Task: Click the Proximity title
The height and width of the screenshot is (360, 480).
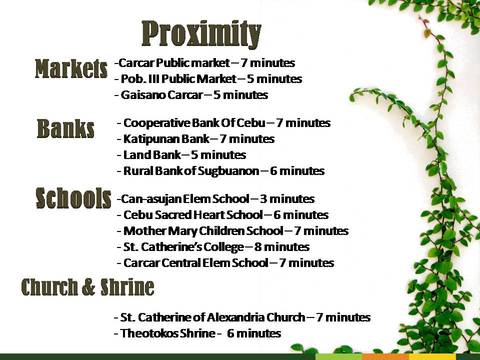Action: point(201,34)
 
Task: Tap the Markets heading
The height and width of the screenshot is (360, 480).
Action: point(71,69)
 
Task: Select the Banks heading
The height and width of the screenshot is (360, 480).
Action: point(66,128)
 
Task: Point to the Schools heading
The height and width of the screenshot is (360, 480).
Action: point(73,198)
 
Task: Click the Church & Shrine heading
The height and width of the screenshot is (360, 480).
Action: point(88,287)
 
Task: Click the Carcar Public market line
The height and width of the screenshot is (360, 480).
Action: point(205,63)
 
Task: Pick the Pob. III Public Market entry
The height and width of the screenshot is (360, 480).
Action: point(208,79)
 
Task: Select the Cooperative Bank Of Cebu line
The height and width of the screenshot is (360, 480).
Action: point(224,123)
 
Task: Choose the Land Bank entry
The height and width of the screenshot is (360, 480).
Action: point(182,155)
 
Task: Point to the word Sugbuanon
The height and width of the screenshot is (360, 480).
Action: point(228,171)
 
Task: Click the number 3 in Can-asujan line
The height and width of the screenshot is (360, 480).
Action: point(263,199)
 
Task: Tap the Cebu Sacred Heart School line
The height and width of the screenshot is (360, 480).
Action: point(223,215)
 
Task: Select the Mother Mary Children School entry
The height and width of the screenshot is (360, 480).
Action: point(233,231)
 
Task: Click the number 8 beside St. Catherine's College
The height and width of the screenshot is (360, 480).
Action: point(258,247)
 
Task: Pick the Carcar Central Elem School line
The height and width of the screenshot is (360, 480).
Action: point(225,263)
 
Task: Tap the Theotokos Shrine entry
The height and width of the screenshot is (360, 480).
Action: point(198,333)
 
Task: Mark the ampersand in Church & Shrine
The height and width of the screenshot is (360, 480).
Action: point(88,287)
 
